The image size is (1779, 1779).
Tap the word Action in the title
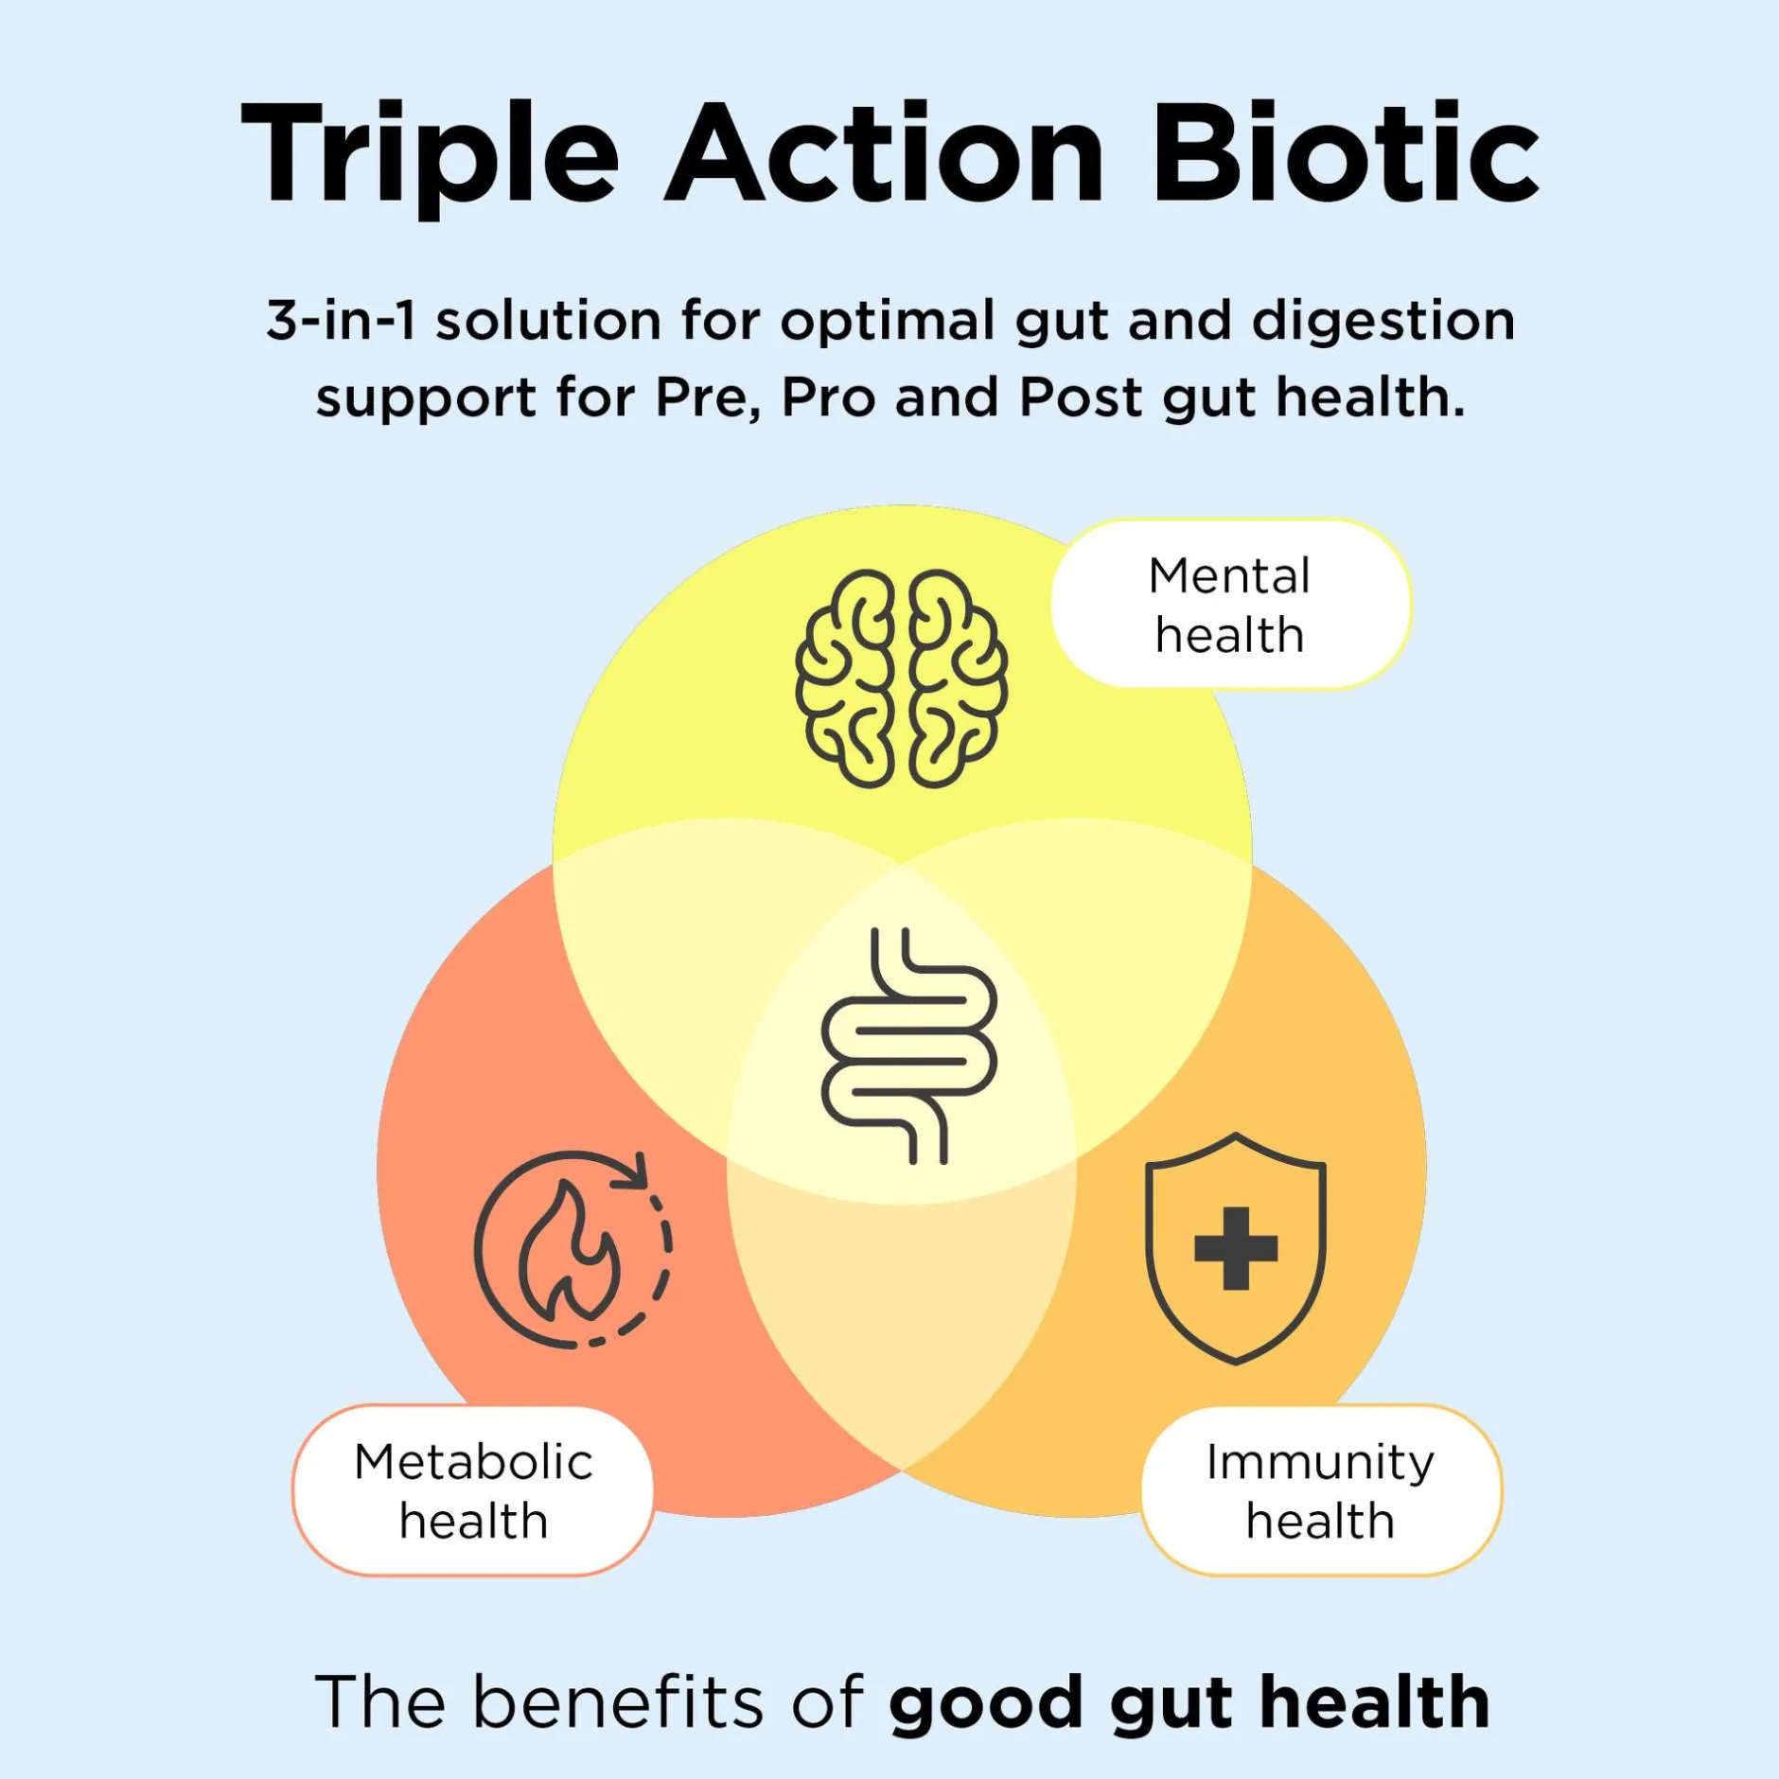(x=885, y=151)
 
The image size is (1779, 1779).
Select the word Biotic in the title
(x=1345, y=151)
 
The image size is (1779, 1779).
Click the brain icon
(x=901, y=678)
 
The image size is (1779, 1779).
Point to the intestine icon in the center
(x=908, y=1045)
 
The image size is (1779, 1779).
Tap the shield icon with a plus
(x=1235, y=1248)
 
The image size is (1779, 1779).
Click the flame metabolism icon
(x=572, y=1248)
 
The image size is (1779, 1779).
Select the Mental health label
(x=1230, y=604)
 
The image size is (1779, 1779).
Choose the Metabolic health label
(x=473, y=1490)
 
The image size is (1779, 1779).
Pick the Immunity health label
(x=1321, y=1490)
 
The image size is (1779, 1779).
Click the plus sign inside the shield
(x=1236, y=1248)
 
